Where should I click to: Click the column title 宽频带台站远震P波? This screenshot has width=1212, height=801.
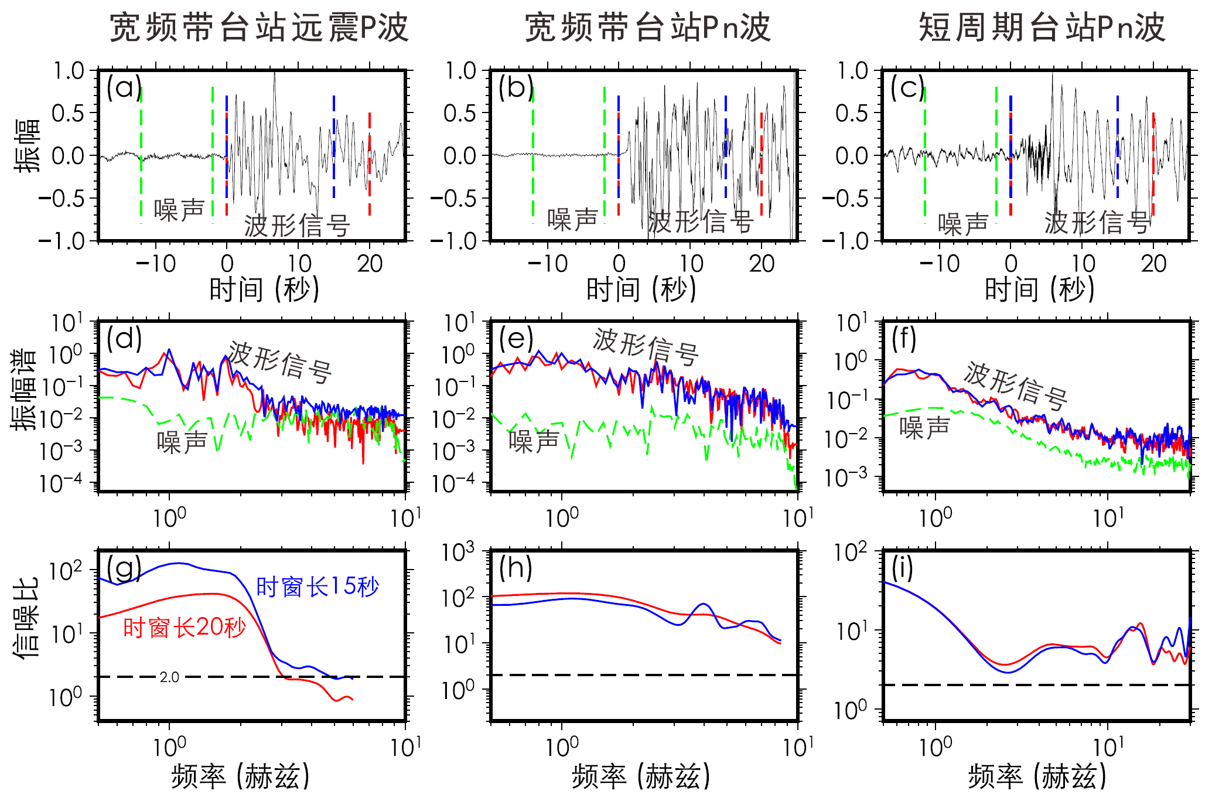(259, 28)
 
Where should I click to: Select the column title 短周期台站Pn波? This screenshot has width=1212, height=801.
(1041, 28)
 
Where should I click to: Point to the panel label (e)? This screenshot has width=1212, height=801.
(516, 339)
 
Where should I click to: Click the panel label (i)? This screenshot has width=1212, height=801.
(902, 568)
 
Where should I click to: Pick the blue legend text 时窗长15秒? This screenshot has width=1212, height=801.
(318, 587)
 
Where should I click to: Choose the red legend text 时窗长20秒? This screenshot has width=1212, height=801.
(185, 628)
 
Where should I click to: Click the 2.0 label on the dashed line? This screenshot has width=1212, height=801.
(169, 677)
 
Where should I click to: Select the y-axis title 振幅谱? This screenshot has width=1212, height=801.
(24, 390)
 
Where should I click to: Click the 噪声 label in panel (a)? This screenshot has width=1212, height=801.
(179, 210)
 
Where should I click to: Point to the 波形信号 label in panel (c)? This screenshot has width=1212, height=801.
(1097, 223)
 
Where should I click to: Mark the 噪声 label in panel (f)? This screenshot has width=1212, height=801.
(924, 428)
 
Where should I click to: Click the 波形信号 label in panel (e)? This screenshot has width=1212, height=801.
(646, 346)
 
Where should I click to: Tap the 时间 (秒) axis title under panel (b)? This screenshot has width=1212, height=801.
(641, 289)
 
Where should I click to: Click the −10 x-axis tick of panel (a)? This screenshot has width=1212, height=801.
(156, 264)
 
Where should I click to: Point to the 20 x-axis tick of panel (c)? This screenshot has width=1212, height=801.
(1153, 264)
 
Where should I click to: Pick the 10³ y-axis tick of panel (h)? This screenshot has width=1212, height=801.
(459, 552)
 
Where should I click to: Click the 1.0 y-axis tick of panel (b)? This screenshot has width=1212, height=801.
(460, 71)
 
